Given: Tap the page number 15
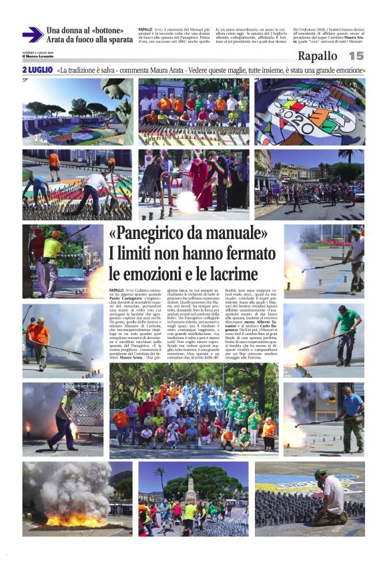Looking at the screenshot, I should (x=356, y=56).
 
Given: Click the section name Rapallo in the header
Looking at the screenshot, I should (x=317, y=56).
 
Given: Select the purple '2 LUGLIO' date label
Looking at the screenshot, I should (x=37, y=69).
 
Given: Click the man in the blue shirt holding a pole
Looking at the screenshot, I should (x=352, y=417).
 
